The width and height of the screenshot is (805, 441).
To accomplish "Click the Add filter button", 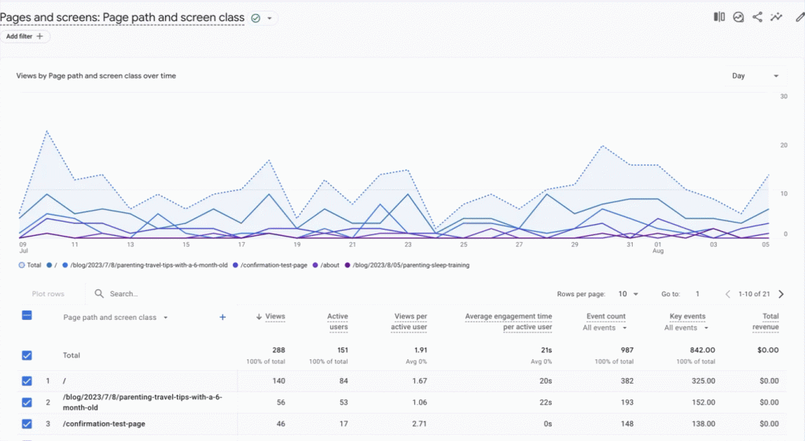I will point(26,36).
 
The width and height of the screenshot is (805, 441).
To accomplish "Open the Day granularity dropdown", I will point(755,76).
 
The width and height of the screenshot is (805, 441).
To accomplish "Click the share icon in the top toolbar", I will point(758,17).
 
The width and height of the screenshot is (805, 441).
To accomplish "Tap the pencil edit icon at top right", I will point(799,17).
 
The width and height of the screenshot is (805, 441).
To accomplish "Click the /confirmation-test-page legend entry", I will point(271,265).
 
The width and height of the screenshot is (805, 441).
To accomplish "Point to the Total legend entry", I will point(31,265).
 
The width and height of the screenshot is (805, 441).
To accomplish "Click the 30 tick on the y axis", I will point(784,97).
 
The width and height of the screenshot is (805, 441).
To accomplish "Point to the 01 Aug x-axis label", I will point(657,248).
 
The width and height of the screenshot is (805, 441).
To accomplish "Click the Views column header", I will point(274,316).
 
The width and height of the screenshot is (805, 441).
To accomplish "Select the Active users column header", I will point(337,322).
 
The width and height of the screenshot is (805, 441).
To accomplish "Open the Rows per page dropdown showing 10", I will point(627,294).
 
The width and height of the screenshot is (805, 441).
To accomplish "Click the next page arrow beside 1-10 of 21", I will point(781,294).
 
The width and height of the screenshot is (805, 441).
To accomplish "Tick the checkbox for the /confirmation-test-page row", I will point(27,424).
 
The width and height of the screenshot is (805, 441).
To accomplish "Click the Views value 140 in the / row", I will point(278,381).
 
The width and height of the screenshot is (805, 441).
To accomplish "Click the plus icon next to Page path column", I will point(222,317).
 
